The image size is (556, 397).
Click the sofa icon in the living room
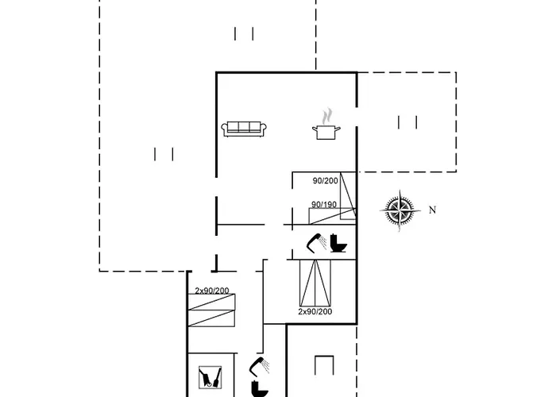coord(244,129)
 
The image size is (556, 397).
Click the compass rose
coord(400,210)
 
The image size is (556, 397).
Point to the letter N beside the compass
coord(432,210)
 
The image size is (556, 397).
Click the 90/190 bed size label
coord(324,205)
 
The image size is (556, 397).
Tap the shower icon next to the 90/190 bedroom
coord(315,241)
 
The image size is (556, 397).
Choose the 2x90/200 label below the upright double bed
coord(315,311)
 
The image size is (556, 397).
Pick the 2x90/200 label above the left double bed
coord(212,291)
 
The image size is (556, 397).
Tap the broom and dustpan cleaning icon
coord(210,377)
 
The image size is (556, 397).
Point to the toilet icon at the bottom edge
coord(259,390)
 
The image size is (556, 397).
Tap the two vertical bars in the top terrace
coord(244,33)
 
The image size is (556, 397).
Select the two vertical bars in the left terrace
coord(164,154)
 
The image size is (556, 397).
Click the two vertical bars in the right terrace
coord(407,121)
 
